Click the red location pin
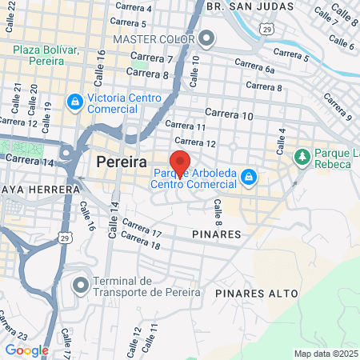(180, 163)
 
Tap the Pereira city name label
(121, 162)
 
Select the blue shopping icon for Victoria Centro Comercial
(74, 102)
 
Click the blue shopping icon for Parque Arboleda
(250, 176)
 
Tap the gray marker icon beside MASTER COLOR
(207, 38)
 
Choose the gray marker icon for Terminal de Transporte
(81, 284)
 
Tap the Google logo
(26, 350)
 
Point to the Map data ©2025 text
(325, 354)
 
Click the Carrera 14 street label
(29, 160)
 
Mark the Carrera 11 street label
(185, 126)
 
